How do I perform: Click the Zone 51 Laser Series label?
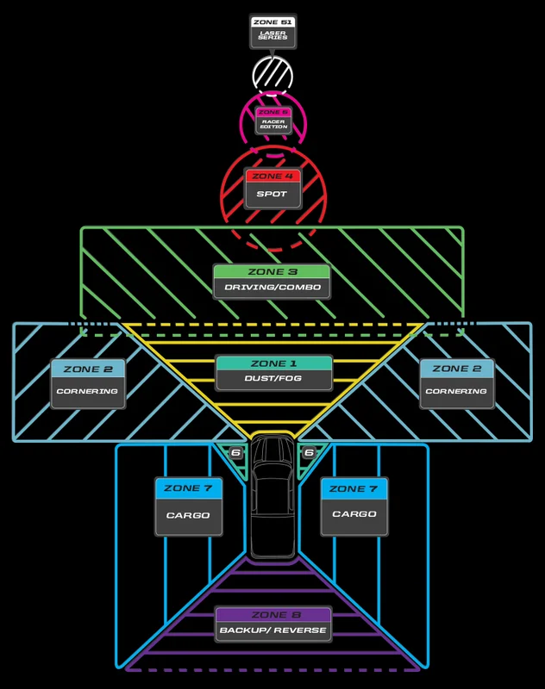click(272, 31)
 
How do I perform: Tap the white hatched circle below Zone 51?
click(272, 76)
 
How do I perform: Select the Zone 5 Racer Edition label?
click(273, 121)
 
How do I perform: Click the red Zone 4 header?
click(272, 176)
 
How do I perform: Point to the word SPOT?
click(272, 194)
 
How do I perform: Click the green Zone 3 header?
click(272, 271)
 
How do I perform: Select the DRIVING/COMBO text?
click(272, 288)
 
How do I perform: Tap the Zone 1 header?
click(273, 363)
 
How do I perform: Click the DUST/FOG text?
click(273, 378)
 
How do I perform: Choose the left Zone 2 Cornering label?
click(88, 383)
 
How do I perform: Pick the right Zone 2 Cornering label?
click(457, 383)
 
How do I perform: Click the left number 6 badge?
click(235, 453)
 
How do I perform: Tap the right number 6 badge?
click(310, 453)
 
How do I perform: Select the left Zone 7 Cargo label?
click(188, 506)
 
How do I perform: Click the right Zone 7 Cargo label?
click(354, 506)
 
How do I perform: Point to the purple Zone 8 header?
click(273, 615)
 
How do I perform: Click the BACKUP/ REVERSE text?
click(273, 630)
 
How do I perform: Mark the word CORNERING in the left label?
click(87, 391)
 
